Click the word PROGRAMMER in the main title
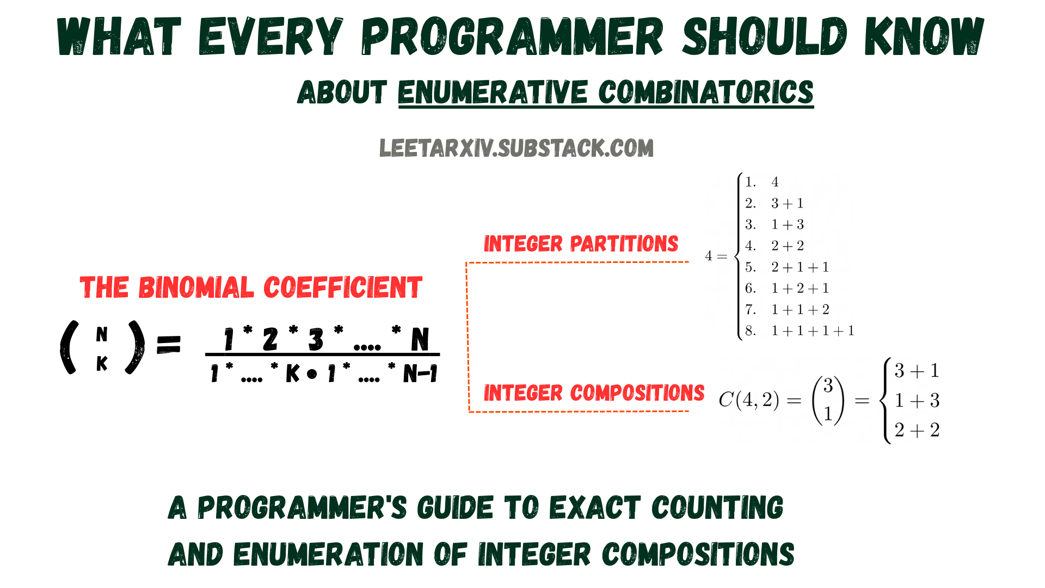pyautogui.click(x=512, y=37)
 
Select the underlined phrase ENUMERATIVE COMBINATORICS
pyautogui.click(x=605, y=93)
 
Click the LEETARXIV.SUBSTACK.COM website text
pyautogui.click(x=516, y=148)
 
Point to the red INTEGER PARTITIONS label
pyautogui.click(x=581, y=244)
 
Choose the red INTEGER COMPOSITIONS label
pyautogui.click(x=594, y=393)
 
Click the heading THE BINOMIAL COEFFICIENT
pyautogui.click(x=251, y=287)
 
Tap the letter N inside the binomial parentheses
pyautogui.click(x=102, y=334)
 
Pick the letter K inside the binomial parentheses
pyautogui.click(x=102, y=364)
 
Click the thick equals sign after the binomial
pyautogui.click(x=168, y=345)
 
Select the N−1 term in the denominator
pyautogui.click(x=420, y=374)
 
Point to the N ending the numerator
pyautogui.click(x=420, y=340)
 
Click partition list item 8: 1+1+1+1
pyautogui.click(x=813, y=330)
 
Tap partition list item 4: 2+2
pyautogui.click(x=787, y=246)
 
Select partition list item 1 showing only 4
pyautogui.click(x=775, y=182)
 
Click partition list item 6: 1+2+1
pyautogui.click(x=800, y=288)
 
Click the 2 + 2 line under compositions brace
pyautogui.click(x=917, y=430)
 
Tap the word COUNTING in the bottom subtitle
pyautogui.click(x=717, y=508)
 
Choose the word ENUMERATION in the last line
pyautogui.click(x=328, y=555)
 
